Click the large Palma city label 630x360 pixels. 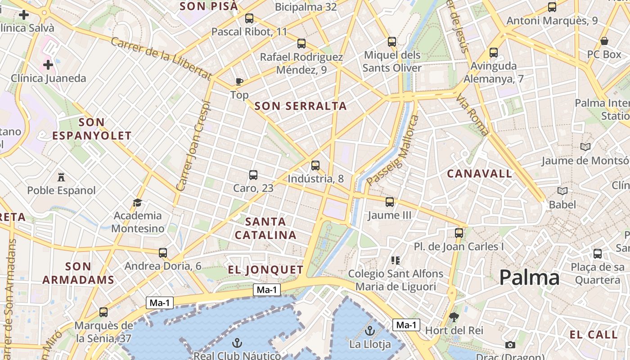tap(529, 278)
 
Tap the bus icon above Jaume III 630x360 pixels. tap(390, 202)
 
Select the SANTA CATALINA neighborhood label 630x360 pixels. tap(265, 228)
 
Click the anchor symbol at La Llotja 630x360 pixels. tap(369, 331)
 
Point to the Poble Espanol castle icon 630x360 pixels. tap(61, 177)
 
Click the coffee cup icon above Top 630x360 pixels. tap(239, 81)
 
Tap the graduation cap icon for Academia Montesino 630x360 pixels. tap(138, 202)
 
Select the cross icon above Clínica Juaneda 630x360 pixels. tap(48, 65)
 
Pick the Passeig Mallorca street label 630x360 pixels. tap(393, 150)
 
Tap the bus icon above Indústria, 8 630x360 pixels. tap(315, 165)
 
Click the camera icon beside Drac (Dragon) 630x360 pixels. tap(510, 345)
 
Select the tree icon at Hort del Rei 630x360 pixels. tap(454, 317)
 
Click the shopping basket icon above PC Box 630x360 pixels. tap(604, 41)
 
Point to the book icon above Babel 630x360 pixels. tap(562, 191)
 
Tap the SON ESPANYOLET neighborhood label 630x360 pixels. tap(92, 129)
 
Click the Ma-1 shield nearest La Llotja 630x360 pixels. tap(406, 325)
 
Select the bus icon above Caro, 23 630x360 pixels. tap(253, 175)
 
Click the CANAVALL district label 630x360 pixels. tap(479, 174)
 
